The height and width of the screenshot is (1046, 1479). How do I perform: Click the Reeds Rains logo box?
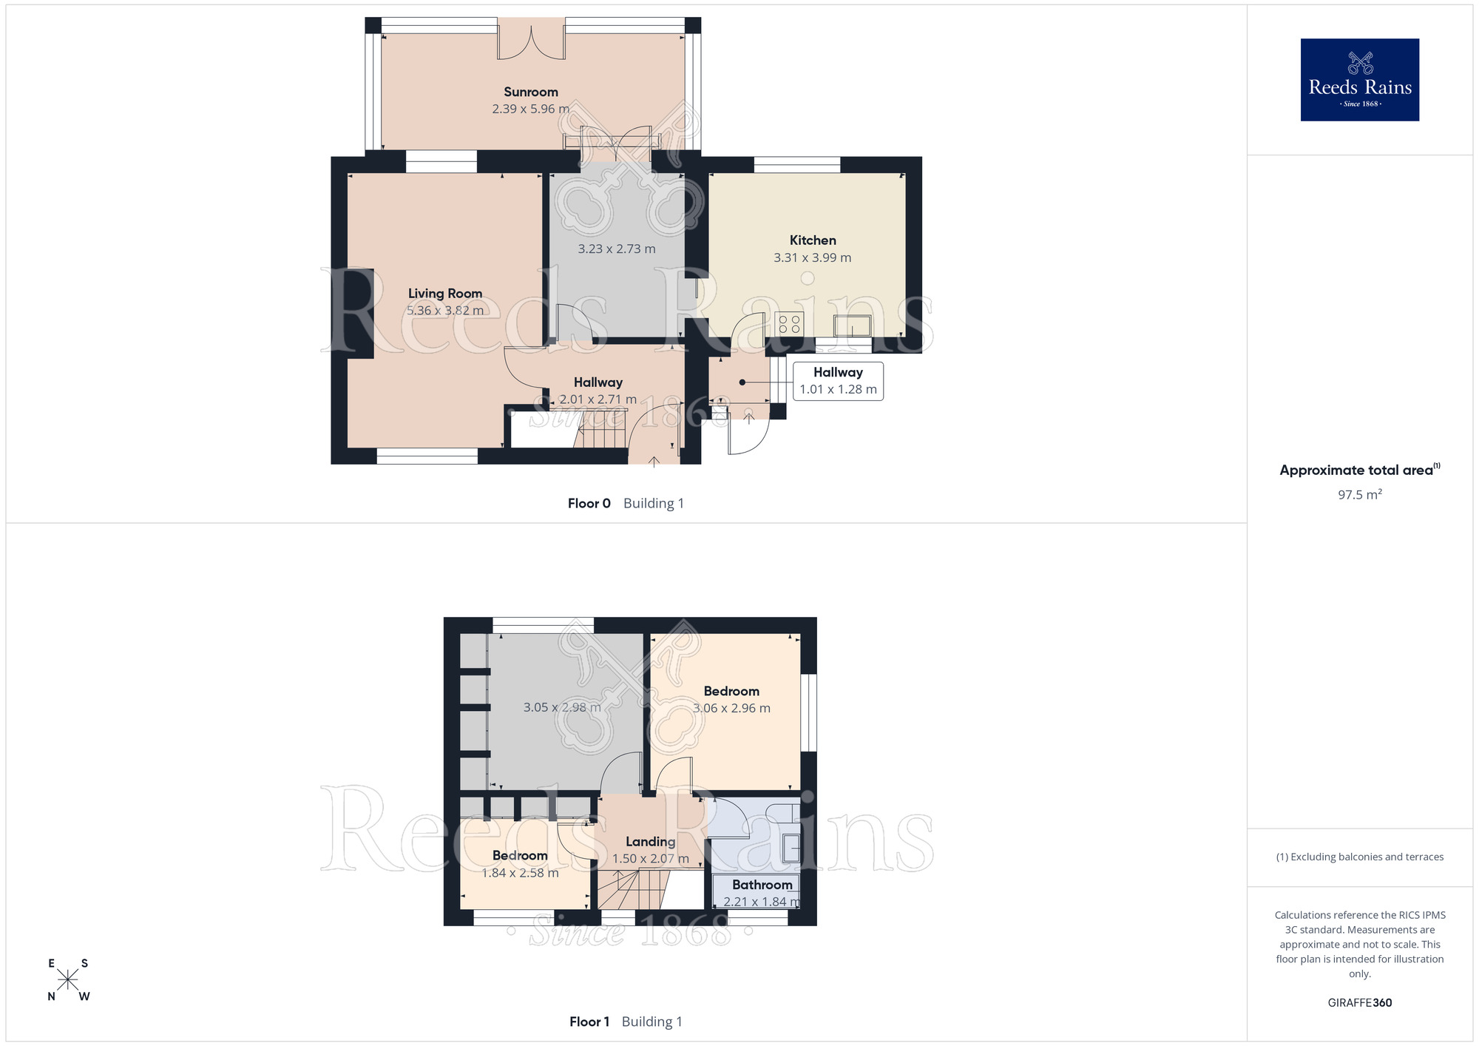[x=1359, y=80]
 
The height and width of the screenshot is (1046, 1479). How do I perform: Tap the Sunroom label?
[x=531, y=92]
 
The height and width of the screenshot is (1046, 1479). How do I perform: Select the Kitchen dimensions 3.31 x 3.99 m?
[x=813, y=257]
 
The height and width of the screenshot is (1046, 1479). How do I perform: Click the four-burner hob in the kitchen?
[x=789, y=324]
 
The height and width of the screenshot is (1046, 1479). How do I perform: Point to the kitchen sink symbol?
[x=852, y=325]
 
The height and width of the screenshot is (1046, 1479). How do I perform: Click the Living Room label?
[x=445, y=293]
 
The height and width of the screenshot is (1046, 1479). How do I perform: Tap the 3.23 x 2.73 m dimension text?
[x=617, y=249]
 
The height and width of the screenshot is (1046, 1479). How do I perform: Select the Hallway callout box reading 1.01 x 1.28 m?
[x=838, y=381]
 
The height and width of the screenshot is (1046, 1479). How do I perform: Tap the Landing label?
[x=651, y=842]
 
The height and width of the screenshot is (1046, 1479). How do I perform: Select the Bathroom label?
[x=762, y=884]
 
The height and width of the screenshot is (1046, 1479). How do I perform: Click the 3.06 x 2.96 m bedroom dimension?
[x=731, y=708]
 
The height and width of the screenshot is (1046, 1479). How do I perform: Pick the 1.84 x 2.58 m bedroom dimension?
[x=520, y=873]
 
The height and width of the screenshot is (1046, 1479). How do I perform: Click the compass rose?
[x=68, y=979]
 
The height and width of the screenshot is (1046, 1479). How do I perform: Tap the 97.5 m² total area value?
[x=1360, y=494]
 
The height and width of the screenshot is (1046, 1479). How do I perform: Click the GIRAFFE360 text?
[x=1360, y=1003]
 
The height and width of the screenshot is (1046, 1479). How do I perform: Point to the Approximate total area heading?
[x=1360, y=470]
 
